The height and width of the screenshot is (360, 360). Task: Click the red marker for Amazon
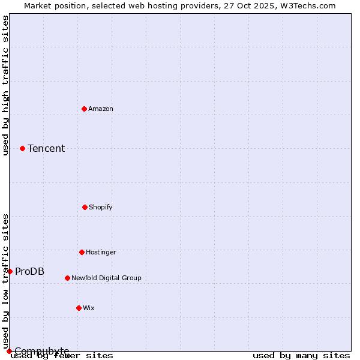coord(84,109)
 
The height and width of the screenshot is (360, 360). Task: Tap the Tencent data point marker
coord(22,148)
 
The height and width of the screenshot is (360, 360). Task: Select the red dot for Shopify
coord(85,207)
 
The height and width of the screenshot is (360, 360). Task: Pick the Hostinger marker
coord(82,252)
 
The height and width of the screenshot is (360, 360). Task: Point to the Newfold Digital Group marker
coord(67,278)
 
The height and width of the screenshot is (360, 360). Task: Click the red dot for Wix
coord(79,308)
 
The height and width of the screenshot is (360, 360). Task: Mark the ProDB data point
coord(10,271)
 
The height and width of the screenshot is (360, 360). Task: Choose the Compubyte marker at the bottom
coord(9,351)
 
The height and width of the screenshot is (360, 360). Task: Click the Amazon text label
coord(101,109)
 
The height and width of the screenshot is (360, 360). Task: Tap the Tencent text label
coord(46,148)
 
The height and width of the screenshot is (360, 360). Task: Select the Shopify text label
coord(101,207)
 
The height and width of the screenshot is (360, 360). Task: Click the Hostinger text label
coord(101,252)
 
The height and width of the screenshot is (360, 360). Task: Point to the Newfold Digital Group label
coord(106,278)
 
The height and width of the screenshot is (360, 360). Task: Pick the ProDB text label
coord(29,271)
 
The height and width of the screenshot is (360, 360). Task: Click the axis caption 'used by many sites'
coord(301,355)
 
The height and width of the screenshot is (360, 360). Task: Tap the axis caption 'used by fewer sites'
coord(62,355)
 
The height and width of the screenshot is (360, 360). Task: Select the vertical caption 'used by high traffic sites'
coord(5,85)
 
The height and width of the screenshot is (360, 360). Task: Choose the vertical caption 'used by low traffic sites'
coord(5,281)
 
